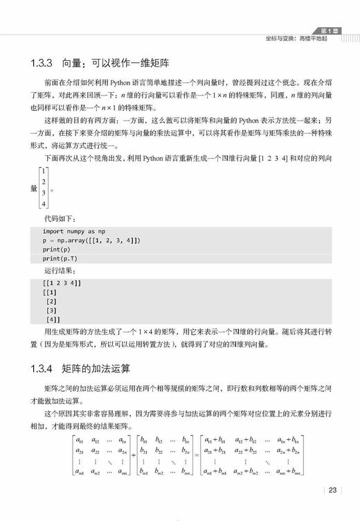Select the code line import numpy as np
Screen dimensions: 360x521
click(74, 230)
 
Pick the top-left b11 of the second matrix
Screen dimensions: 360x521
click(145, 439)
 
